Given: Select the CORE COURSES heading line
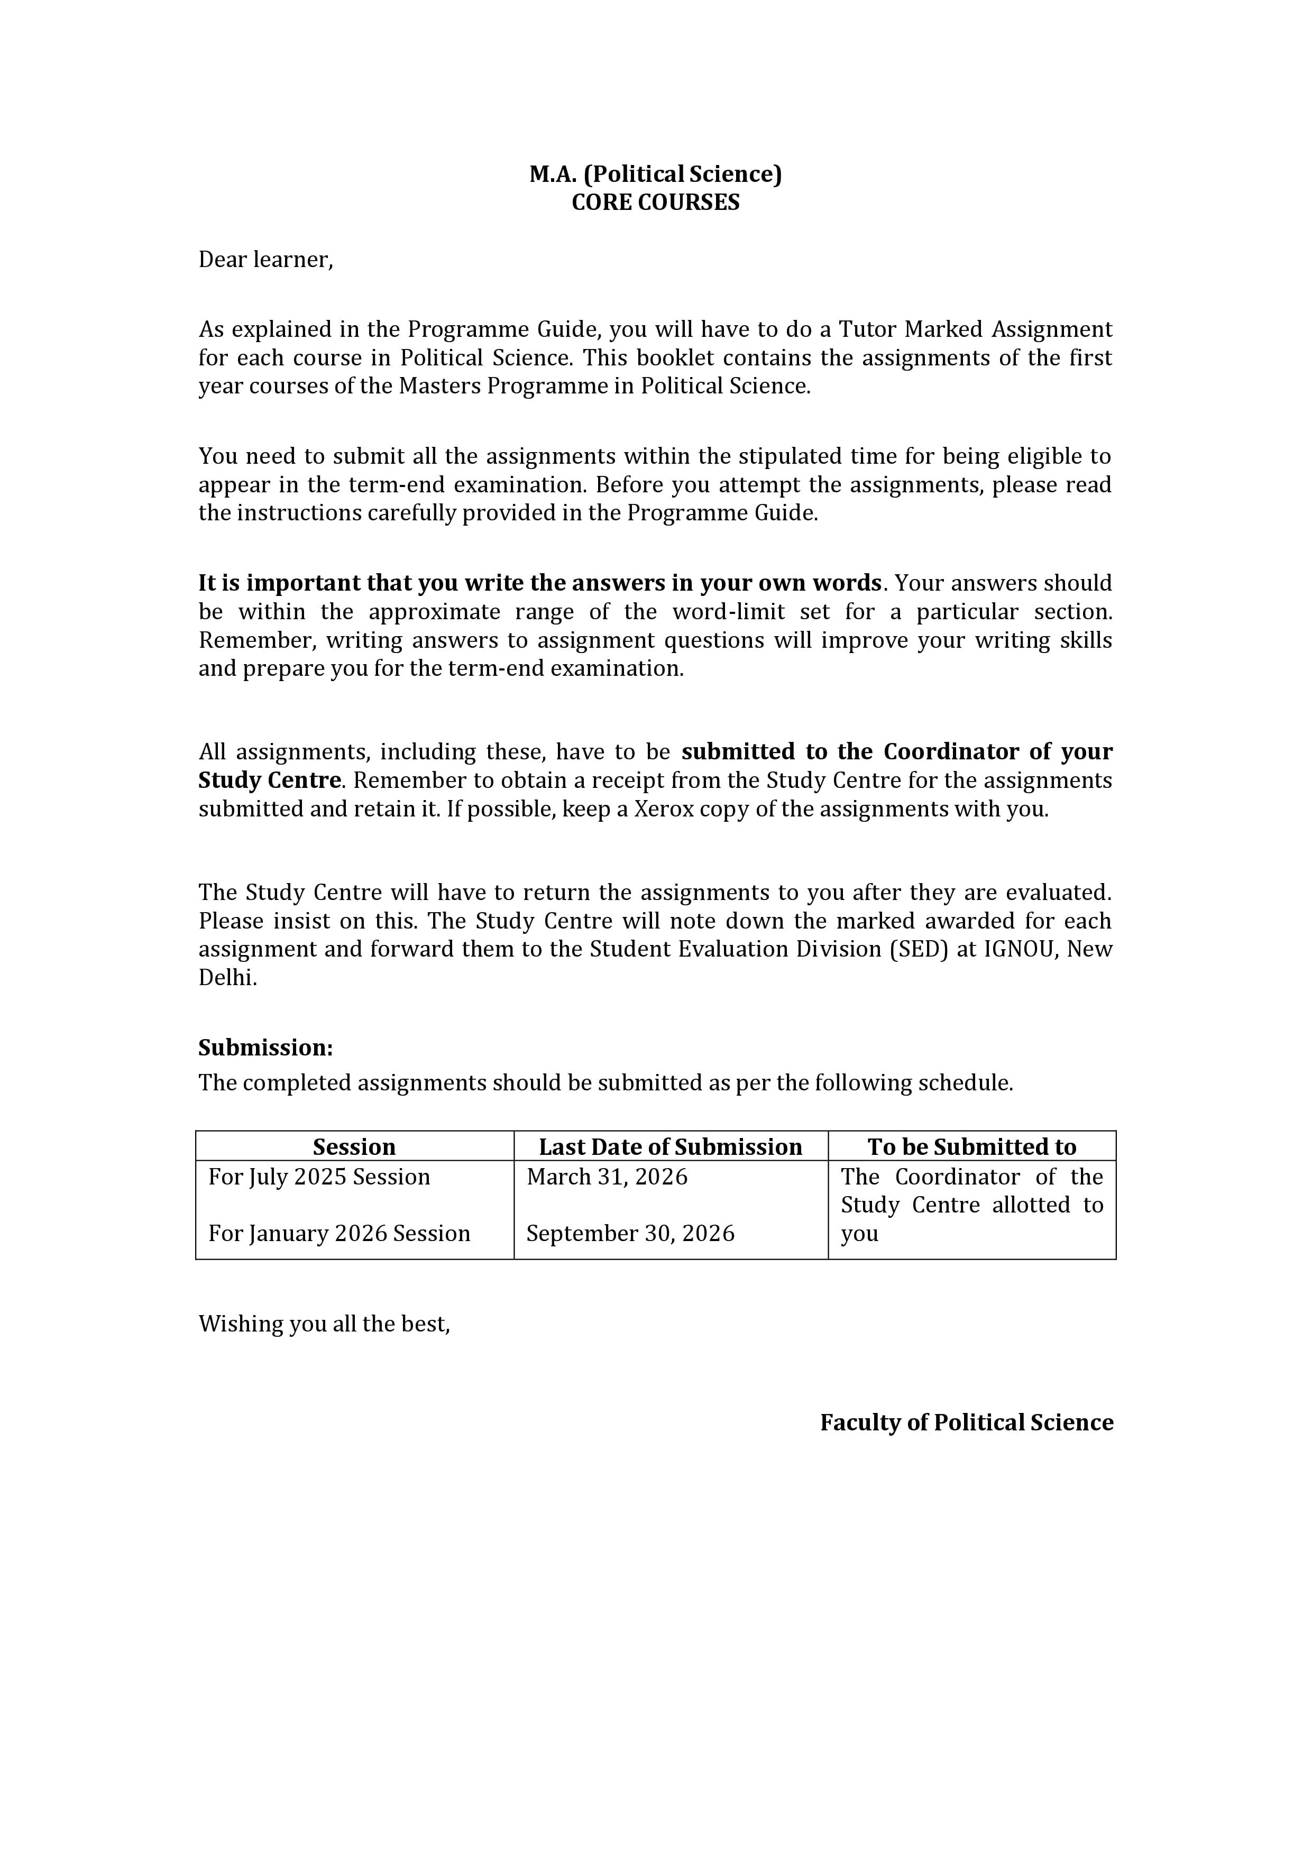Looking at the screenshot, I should pyautogui.click(x=655, y=202).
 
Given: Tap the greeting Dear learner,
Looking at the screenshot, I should pyautogui.click(x=266, y=260).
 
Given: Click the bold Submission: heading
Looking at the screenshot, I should pyautogui.click(x=266, y=1048).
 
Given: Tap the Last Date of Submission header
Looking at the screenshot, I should pyautogui.click(x=671, y=1147).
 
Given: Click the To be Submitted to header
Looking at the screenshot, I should pyautogui.click(x=972, y=1147).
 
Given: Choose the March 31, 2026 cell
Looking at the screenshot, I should pyautogui.click(x=607, y=1177).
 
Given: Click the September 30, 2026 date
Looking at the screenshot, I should pyautogui.click(x=630, y=1234).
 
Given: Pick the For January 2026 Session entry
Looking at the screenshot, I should pyautogui.click(x=340, y=1234).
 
